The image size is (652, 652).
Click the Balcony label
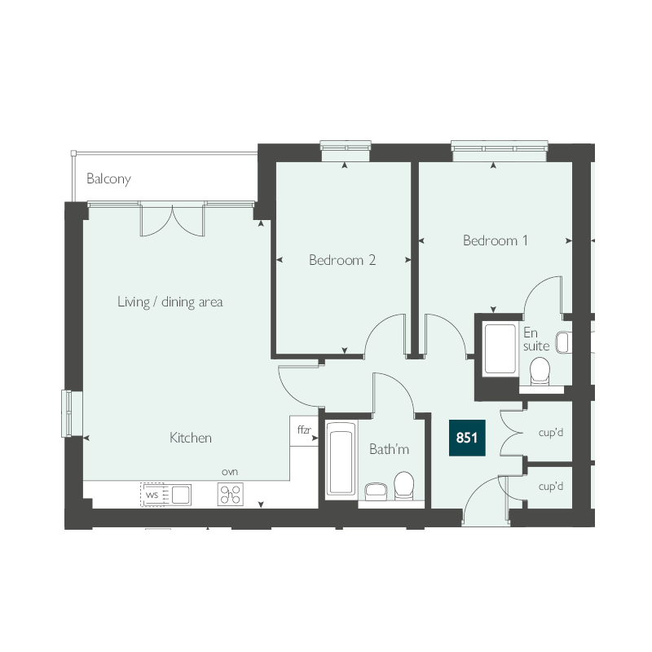tap(108, 178)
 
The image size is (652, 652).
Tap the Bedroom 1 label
tap(496, 240)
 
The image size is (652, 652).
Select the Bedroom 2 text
tap(342, 260)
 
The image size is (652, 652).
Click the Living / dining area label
tap(170, 302)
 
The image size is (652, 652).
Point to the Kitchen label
tap(191, 438)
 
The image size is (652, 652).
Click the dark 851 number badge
tap(467, 438)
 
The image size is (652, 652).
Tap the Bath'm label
tap(389, 449)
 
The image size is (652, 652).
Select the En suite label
tap(536, 339)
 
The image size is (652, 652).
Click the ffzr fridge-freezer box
tap(304, 431)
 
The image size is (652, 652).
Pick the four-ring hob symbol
tap(231, 494)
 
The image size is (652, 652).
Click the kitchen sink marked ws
tap(165, 495)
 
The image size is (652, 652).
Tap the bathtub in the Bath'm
tap(341, 459)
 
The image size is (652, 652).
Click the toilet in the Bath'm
tap(403, 485)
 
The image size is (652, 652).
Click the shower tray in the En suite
tap(500, 349)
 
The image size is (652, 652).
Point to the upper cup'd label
tap(551, 433)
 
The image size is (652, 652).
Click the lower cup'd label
tap(551, 486)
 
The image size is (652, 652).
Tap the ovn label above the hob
tap(230, 472)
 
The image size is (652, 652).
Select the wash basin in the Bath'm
tap(376, 491)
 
